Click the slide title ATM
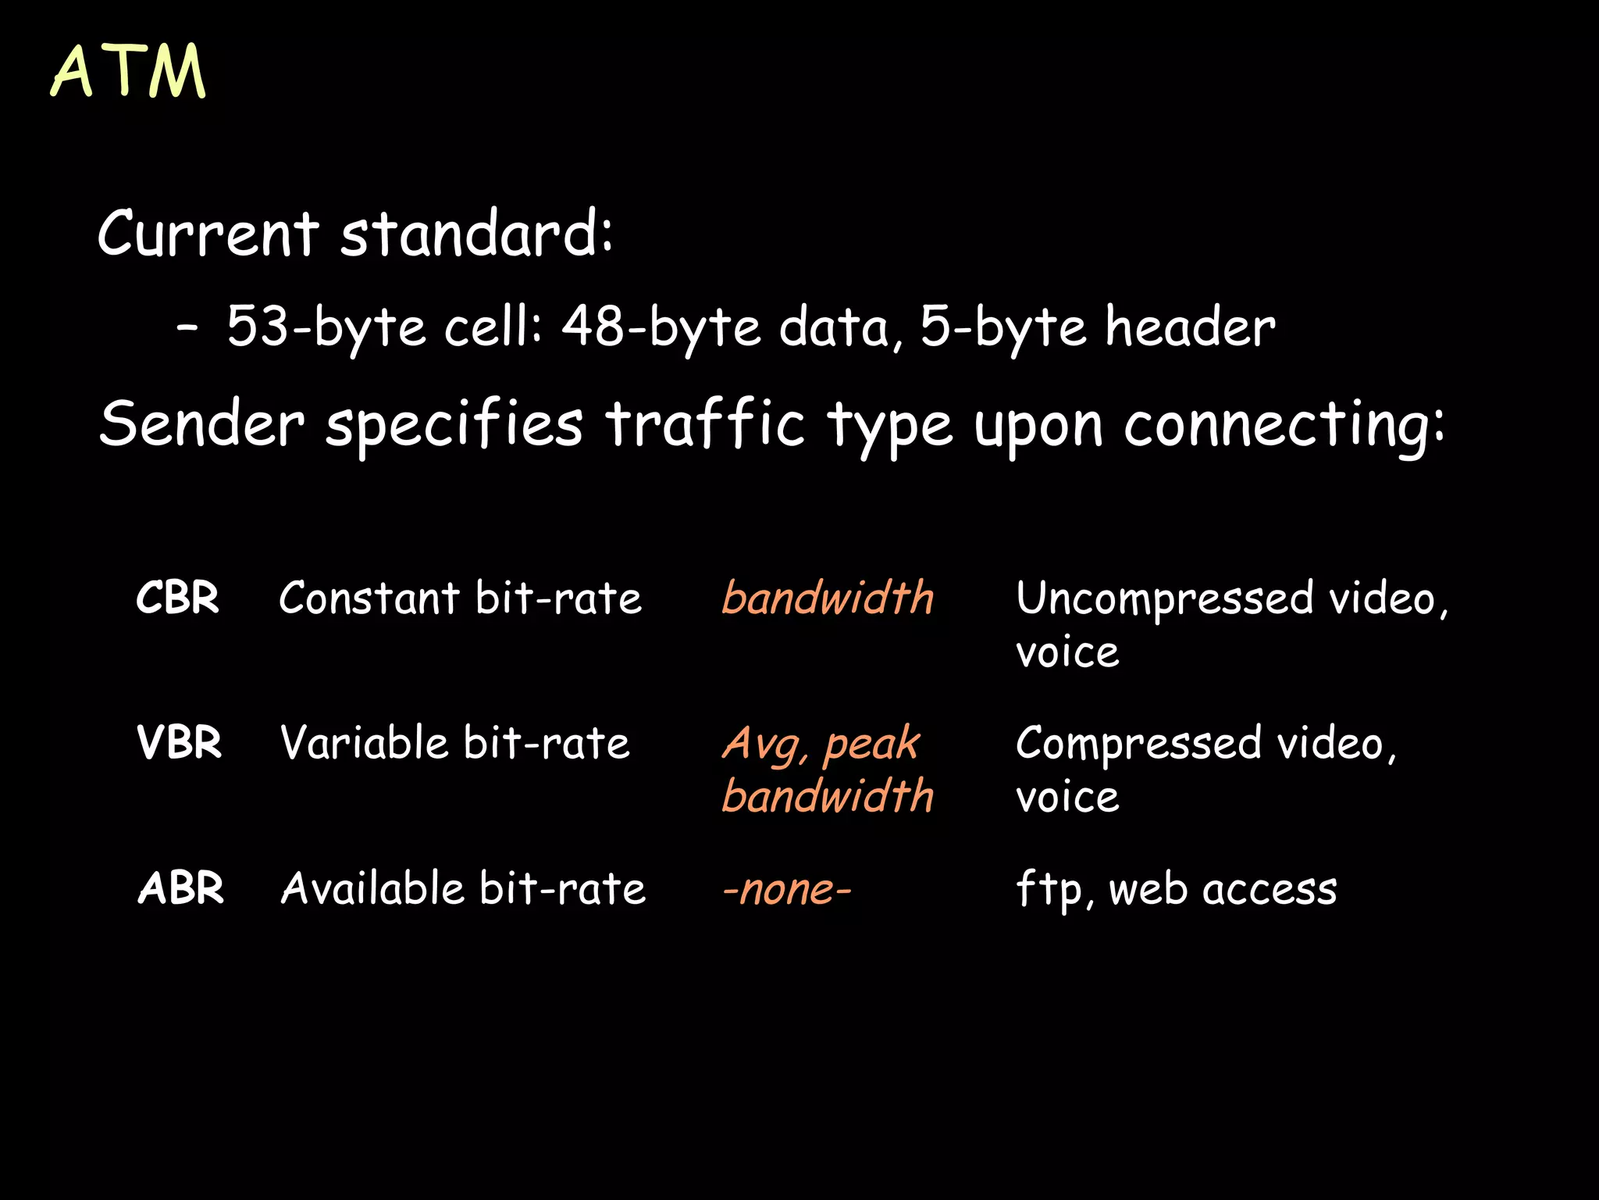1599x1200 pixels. coord(129,72)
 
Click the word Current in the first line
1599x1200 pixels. coord(208,234)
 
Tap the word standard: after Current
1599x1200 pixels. coord(476,234)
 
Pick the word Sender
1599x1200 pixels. coord(201,424)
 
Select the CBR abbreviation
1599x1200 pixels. coord(177,598)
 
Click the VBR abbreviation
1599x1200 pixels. coord(179,743)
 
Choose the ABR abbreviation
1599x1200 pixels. coord(180,888)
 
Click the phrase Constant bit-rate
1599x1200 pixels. coord(460,598)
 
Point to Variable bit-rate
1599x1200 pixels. coord(454,743)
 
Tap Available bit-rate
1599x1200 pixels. coord(463,888)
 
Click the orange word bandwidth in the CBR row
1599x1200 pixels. coord(828,598)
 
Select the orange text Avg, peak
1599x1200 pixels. coord(821,744)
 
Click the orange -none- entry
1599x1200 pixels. coord(786,889)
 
